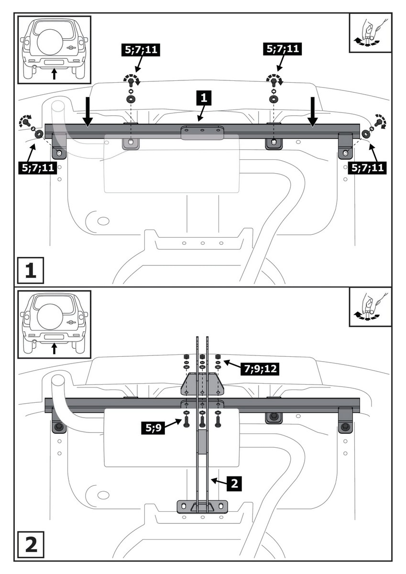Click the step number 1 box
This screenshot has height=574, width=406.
31,271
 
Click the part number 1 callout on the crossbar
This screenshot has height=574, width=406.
203,99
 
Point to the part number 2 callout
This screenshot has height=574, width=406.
233,483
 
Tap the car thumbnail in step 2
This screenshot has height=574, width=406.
54,324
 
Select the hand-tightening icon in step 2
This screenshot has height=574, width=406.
370,307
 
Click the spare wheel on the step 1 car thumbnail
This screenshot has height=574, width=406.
53,38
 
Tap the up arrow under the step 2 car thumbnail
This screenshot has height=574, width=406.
54,349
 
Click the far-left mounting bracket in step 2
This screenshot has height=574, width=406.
58,420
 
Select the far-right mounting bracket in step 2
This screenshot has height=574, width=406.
345,420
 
